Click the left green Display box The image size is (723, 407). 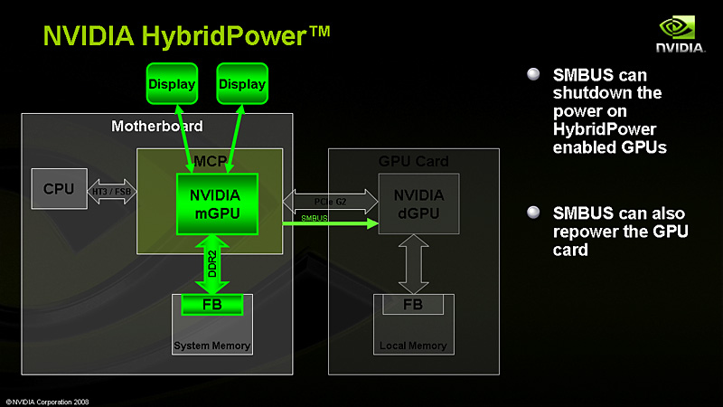[172, 84]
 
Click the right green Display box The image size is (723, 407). [242, 84]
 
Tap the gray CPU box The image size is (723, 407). [59, 189]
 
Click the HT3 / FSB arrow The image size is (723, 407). [111, 191]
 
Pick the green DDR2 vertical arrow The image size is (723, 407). [211, 262]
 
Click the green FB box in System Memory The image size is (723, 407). [213, 305]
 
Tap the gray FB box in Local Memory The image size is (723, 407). [412, 305]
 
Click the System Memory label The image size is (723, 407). [212, 345]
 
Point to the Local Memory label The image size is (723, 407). [412, 345]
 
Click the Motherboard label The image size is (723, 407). [156, 126]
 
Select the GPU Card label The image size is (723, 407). [413, 162]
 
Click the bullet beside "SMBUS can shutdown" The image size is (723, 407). [533, 74]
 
